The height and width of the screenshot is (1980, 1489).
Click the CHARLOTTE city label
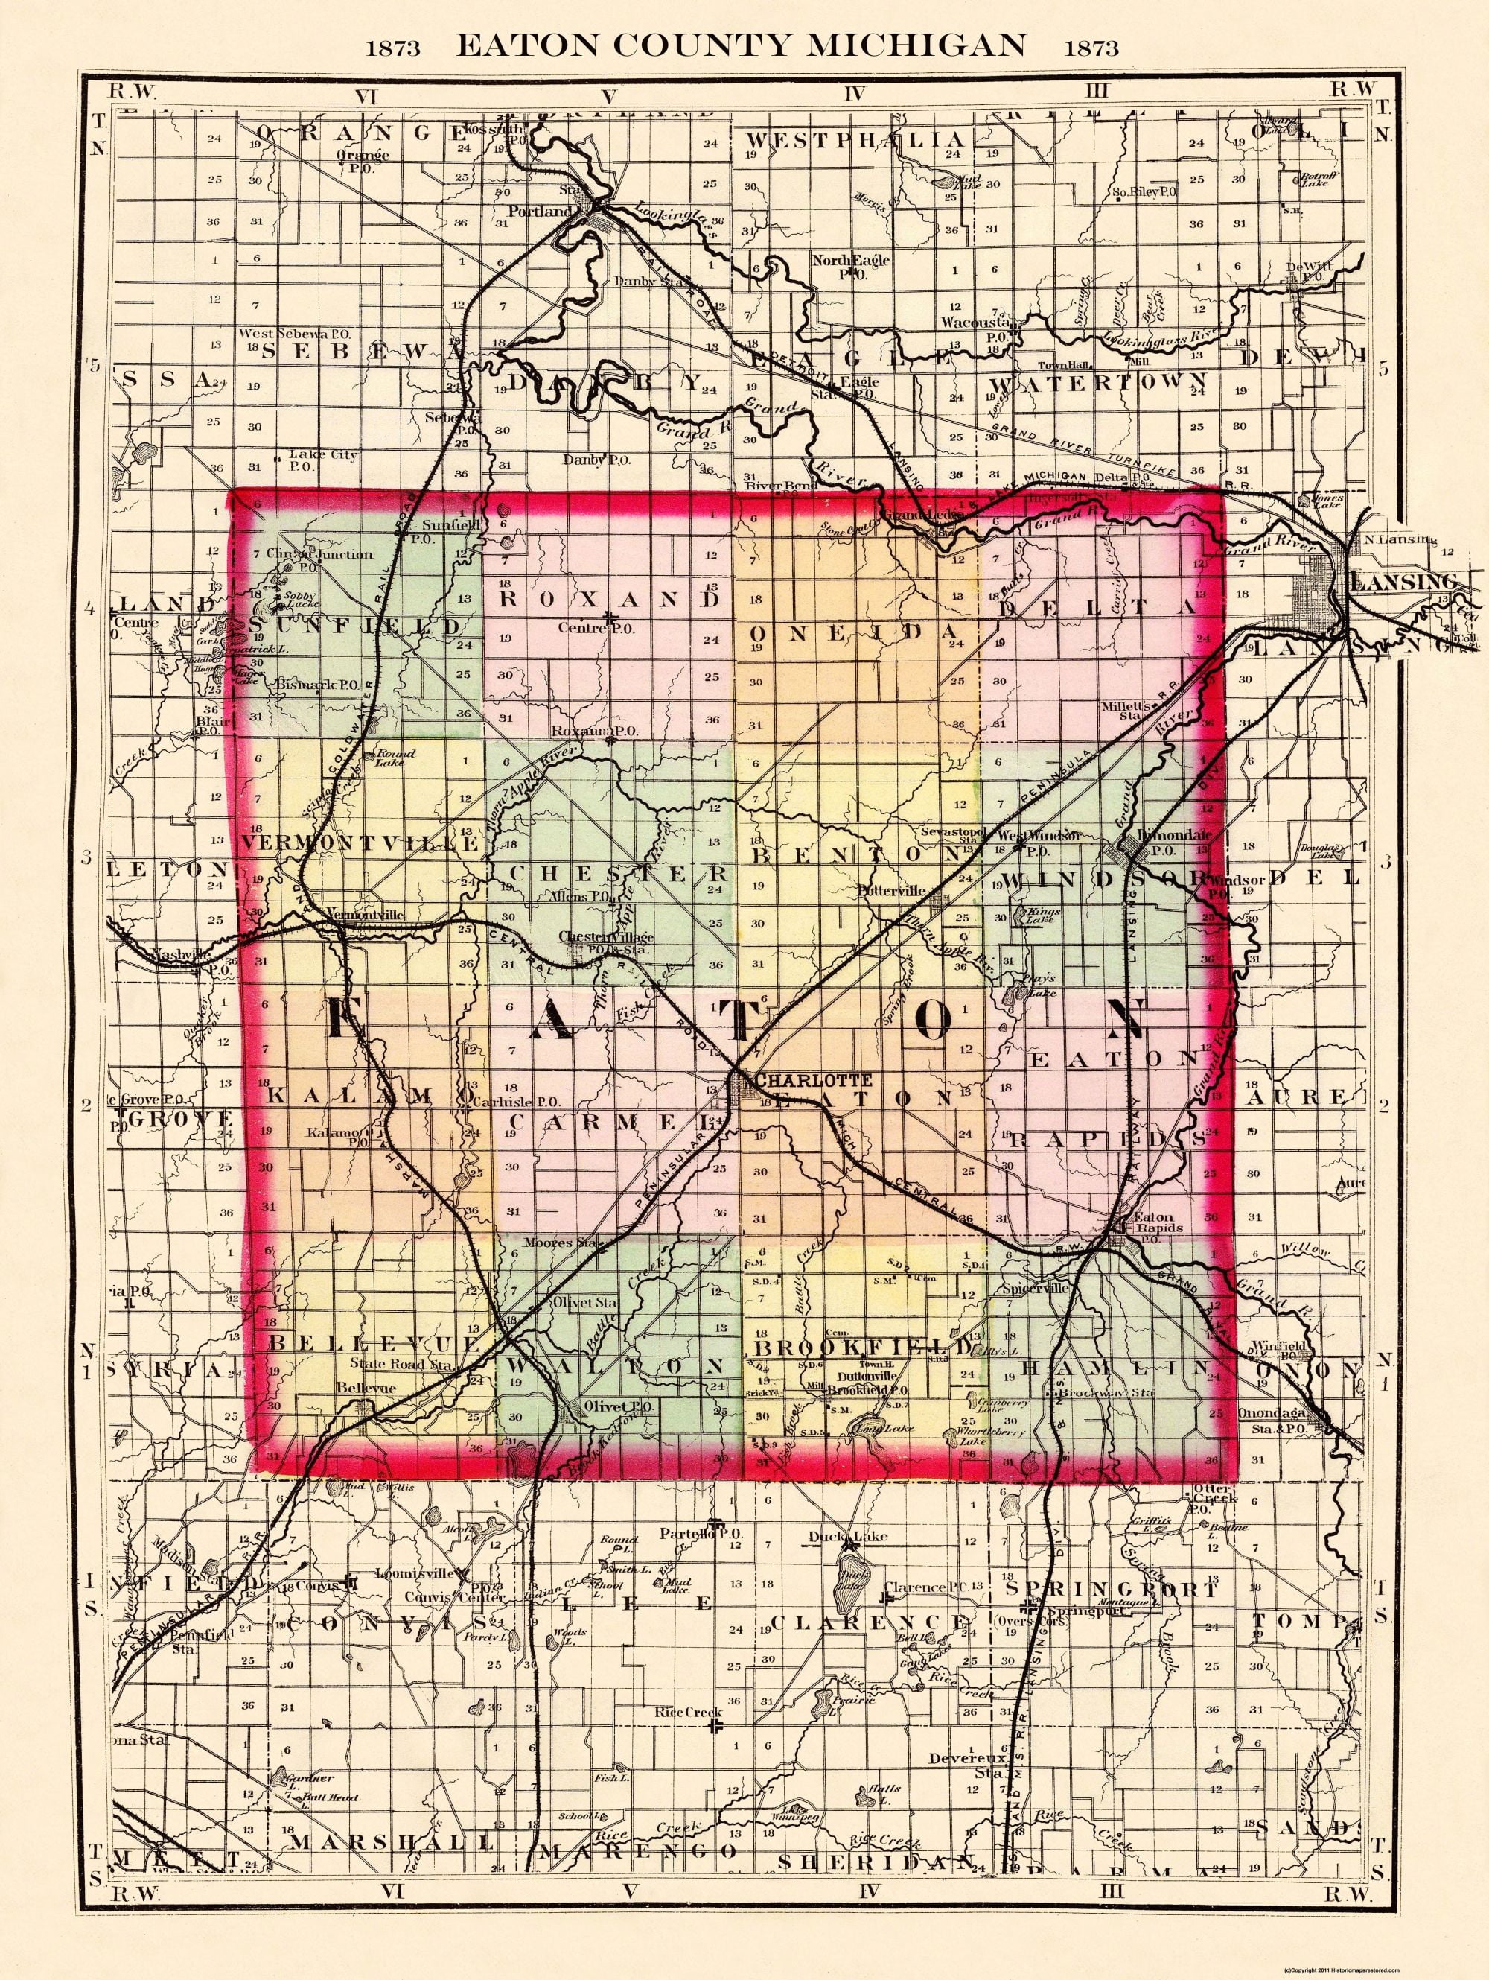[812, 1080]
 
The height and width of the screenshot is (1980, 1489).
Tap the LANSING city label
[1401, 582]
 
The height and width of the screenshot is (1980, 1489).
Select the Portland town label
[540, 212]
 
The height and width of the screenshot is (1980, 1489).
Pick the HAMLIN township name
[1115, 1368]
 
